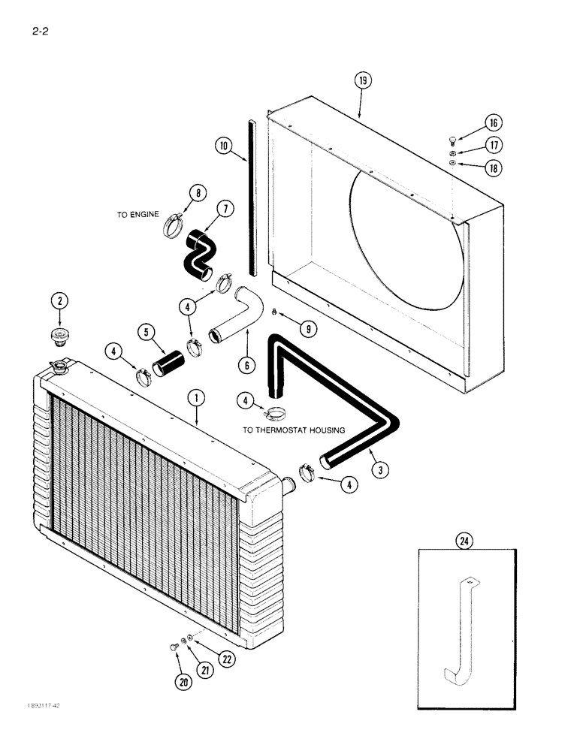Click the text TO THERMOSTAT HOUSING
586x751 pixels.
(294, 430)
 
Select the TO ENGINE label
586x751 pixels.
(138, 215)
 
